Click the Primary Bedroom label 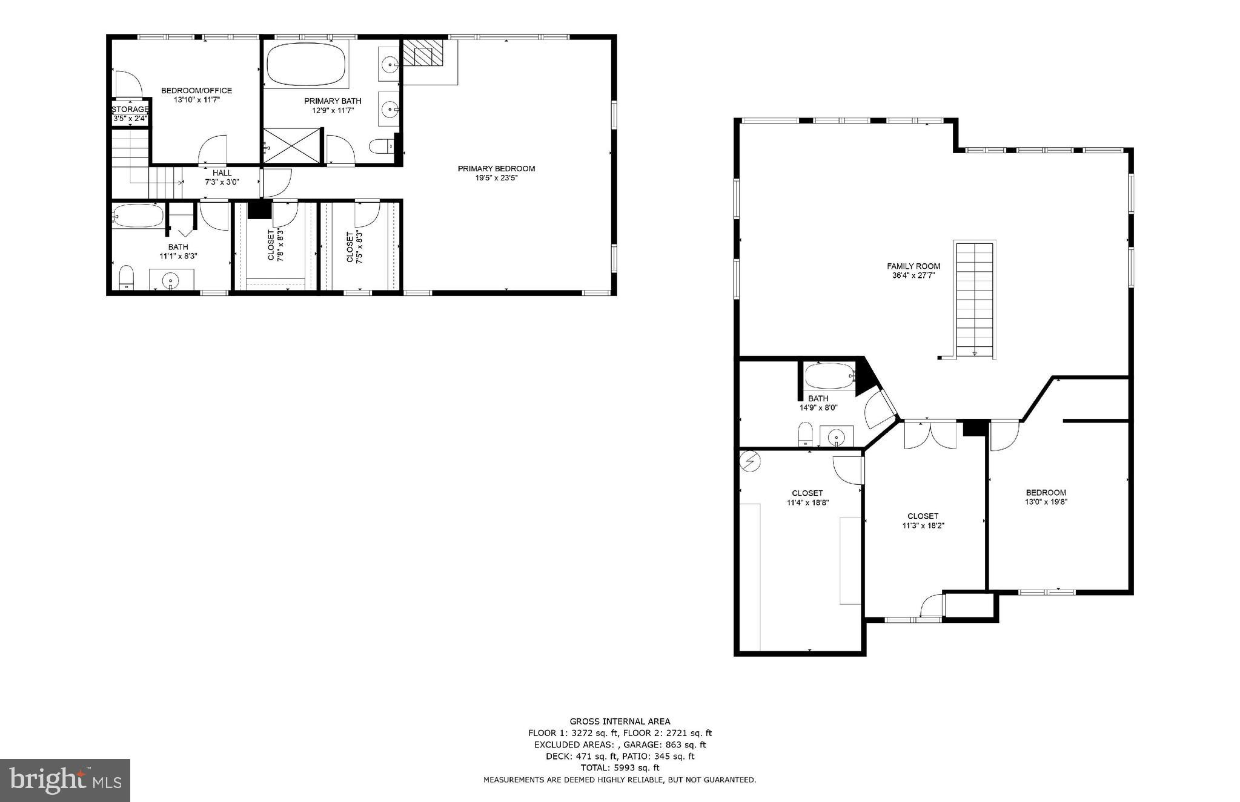(496, 169)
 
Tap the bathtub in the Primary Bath (307, 64)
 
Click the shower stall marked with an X (291, 145)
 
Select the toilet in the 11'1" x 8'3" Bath (126, 277)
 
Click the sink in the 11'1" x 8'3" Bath (172, 280)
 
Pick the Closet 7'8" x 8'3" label (276, 245)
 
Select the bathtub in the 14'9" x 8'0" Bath (829, 376)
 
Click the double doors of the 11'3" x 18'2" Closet (930, 434)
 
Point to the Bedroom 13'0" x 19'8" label (1046, 493)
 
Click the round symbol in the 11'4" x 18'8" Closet (750, 462)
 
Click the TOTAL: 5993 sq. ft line (619, 767)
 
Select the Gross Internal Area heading (619, 721)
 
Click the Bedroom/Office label (196, 91)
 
